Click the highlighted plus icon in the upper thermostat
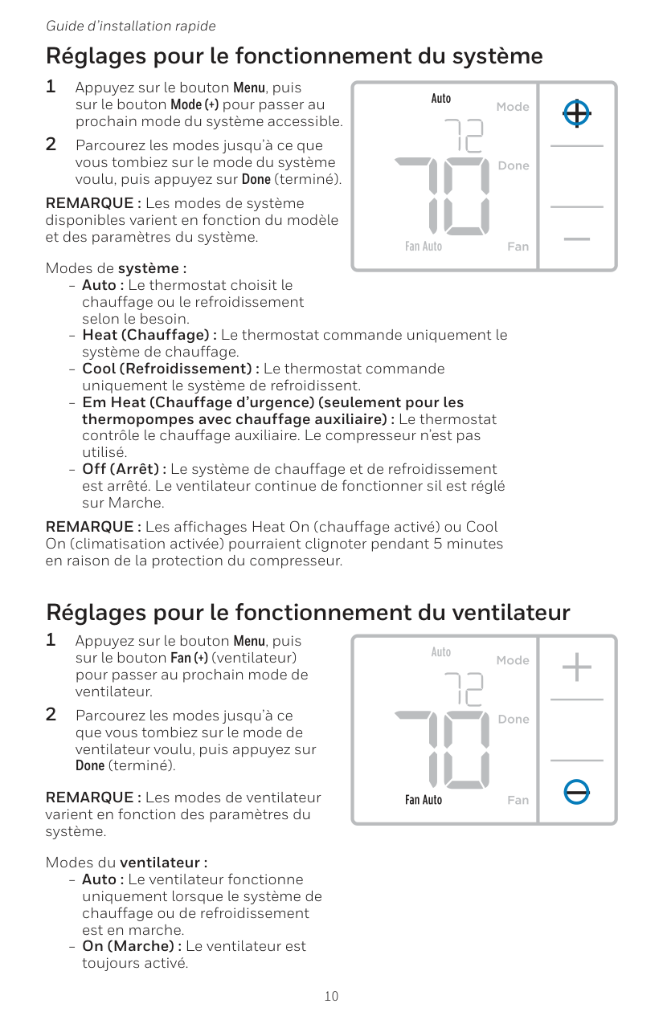[x=577, y=114]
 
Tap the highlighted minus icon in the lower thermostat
[x=577, y=791]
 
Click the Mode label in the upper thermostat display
[x=513, y=107]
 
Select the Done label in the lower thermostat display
[x=514, y=720]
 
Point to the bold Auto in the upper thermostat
[x=441, y=99]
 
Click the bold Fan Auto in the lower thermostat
[x=424, y=801]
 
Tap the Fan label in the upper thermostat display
[x=518, y=247]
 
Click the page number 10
[x=331, y=997]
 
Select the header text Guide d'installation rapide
[x=131, y=27]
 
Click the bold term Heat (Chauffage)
[x=149, y=335]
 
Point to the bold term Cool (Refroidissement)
[x=170, y=369]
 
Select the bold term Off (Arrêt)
[x=125, y=469]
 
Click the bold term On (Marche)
[x=131, y=946]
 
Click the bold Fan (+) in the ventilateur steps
[x=189, y=659]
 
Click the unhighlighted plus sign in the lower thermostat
[x=577, y=667]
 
